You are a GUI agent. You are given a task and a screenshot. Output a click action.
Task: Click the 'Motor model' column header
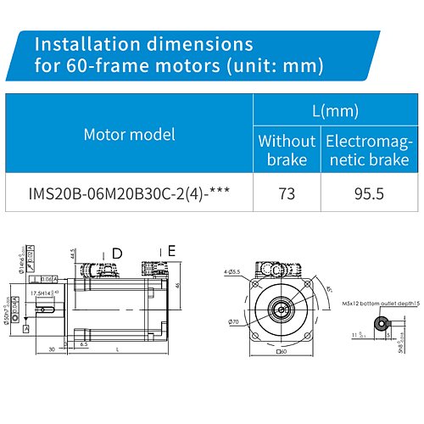[132, 134]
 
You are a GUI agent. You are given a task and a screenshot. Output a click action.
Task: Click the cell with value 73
[287, 193]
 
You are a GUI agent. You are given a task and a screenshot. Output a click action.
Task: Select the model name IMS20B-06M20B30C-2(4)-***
[132, 193]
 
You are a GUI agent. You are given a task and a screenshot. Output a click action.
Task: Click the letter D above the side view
[117, 253]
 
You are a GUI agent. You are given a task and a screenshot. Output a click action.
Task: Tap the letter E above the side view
[171, 250]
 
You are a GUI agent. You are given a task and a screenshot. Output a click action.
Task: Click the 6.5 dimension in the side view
[84, 345]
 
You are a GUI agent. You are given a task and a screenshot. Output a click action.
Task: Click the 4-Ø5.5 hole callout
[230, 271]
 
